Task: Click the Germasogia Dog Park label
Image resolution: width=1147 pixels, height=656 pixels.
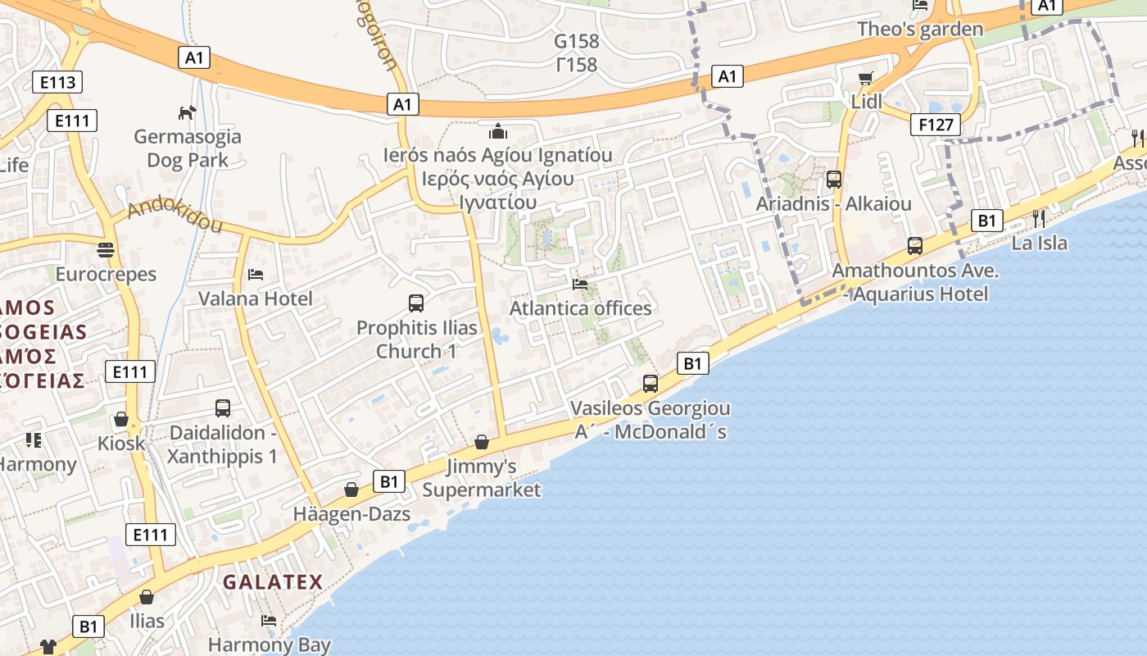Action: tap(188, 148)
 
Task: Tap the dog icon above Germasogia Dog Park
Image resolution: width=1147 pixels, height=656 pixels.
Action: tap(188, 112)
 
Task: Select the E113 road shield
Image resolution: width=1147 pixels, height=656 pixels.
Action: tap(57, 81)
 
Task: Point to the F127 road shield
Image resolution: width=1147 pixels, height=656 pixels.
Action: tap(935, 125)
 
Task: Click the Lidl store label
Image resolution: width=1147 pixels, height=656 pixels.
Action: tap(867, 102)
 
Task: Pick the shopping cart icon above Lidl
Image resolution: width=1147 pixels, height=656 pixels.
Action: tap(866, 79)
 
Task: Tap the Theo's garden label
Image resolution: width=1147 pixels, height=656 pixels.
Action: tap(920, 30)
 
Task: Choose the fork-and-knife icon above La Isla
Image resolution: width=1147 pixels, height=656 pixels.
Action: tap(1039, 218)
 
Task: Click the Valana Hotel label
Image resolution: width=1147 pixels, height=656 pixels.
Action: tap(256, 298)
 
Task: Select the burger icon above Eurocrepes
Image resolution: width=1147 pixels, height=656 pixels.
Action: tap(106, 249)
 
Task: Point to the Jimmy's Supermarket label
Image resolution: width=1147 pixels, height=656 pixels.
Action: tap(482, 478)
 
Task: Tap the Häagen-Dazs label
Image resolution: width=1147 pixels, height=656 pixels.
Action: tap(351, 514)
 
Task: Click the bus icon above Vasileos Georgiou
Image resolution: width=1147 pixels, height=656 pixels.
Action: tap(651, 383)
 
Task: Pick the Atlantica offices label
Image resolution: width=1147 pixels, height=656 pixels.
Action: tap(581, 308)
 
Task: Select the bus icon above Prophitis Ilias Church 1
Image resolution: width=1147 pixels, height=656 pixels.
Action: tap(416, 303)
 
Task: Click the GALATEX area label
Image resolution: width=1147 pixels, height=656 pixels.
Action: tap(273, 581)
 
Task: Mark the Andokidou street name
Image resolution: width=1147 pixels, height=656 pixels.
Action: tap(175, 214)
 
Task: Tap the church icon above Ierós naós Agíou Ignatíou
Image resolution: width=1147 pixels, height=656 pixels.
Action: tap(497, 131)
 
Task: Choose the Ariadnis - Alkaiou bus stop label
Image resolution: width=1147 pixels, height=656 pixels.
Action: tap(833, 203)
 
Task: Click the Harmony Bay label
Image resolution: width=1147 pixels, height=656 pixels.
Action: tap(269, 645)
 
